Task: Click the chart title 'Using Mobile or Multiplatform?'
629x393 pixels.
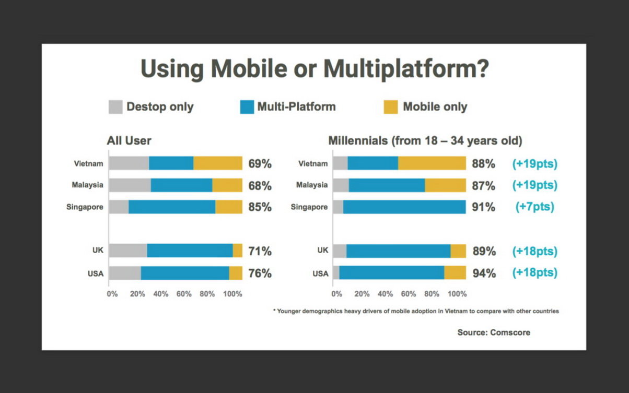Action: click(314, 70)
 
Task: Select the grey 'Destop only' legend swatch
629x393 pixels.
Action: click(115, 107)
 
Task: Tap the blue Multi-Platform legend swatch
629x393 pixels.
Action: click(246, 107)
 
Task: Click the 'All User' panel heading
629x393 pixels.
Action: click(129, 140)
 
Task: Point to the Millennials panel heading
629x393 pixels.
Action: click(425, 140)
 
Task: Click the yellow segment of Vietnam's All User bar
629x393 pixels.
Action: click(218, 163)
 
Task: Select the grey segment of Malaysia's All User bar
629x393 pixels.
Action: click(130, 185)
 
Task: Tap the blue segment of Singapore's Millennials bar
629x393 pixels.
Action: click(404, 207)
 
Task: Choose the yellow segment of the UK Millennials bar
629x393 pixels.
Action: click(458, 251)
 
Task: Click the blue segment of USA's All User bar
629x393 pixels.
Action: click(185, 273)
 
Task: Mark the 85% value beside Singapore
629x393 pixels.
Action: click(260, 207)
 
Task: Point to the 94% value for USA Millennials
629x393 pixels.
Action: click(484, 273)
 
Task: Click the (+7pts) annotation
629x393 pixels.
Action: click(534, 207)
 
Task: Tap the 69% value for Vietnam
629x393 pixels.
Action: click(260, 164)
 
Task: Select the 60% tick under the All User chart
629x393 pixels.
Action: click(183, 294)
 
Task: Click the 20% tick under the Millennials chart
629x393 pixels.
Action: click(362, 294)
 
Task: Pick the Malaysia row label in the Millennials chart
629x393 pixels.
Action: click(312, 185)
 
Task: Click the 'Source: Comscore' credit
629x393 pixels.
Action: click(494, 332)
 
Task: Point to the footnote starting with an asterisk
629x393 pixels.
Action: click(416, 311)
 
